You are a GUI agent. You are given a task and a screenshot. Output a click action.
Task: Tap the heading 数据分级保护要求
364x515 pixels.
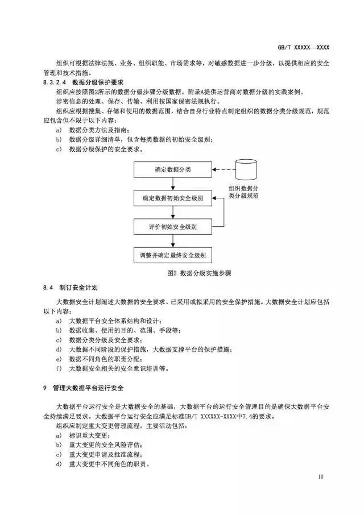[95, 83]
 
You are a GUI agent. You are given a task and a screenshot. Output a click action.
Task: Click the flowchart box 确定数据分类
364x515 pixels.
[173, 170]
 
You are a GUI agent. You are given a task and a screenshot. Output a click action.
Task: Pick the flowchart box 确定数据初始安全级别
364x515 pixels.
[173, 198]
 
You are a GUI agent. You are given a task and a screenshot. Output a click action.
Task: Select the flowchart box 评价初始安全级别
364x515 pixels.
[173, 227]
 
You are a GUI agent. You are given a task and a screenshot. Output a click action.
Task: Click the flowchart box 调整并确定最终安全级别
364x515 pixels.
[173, 255]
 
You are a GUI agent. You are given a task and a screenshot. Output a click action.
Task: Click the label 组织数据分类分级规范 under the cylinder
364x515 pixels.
[245, 191]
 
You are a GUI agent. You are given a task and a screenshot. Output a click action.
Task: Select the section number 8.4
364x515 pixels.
[48, 287]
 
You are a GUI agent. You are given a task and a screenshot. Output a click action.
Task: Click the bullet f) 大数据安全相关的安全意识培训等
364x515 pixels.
[113, 368]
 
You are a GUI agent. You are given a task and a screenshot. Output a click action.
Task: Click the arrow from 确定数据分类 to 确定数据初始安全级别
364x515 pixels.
[173, 184]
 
